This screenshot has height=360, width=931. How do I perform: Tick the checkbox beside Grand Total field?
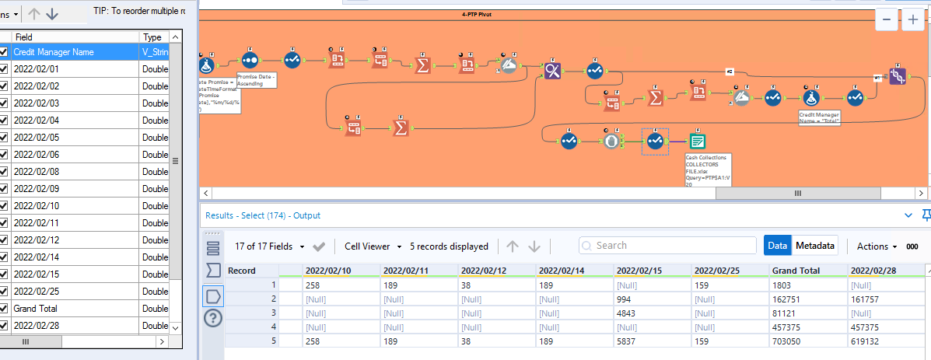4,309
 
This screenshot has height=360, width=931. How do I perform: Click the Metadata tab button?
814,246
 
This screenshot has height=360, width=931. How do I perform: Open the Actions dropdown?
877,246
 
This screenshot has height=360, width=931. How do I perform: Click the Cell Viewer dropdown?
373,246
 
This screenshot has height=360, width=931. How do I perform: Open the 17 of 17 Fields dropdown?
269,246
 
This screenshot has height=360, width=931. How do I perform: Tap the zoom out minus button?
887,21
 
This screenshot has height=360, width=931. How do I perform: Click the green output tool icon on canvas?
698,141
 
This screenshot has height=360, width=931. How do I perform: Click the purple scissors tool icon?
552,71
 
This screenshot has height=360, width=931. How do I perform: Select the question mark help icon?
212,318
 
